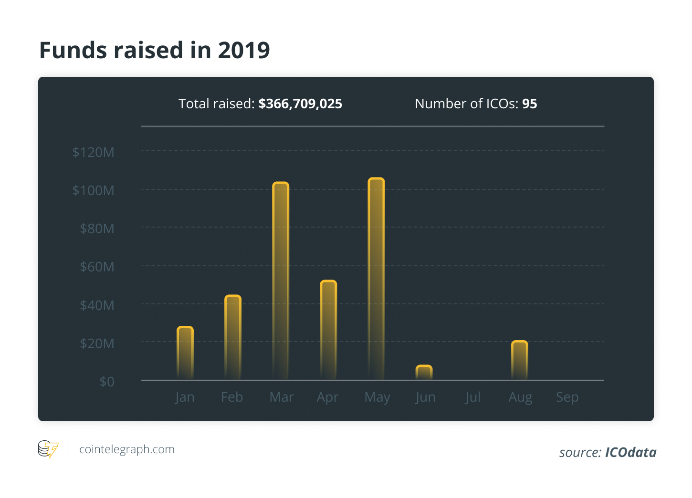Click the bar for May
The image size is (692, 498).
[376, 279]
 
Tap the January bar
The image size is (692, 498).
[185, 353]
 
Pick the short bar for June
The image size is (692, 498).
[424, 373]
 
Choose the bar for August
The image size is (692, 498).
[519, 360]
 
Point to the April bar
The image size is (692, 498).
[328, 330]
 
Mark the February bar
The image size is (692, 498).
[233, 337]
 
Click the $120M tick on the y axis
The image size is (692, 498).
[94, 152]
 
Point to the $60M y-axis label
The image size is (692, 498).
[97, 267]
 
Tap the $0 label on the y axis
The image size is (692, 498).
[107, 382]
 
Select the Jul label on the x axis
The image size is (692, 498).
[472, 397]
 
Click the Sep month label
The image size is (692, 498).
[567, 397]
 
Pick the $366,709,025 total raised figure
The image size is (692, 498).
[300, 104]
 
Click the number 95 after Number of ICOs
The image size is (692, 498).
[529, 104]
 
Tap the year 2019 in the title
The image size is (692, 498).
[244, 50]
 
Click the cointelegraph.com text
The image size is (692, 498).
[127, 449]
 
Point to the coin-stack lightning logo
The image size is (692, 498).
[48, 449]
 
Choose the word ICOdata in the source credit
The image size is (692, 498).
[630, 452]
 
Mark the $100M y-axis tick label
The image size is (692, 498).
[94, 191]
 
